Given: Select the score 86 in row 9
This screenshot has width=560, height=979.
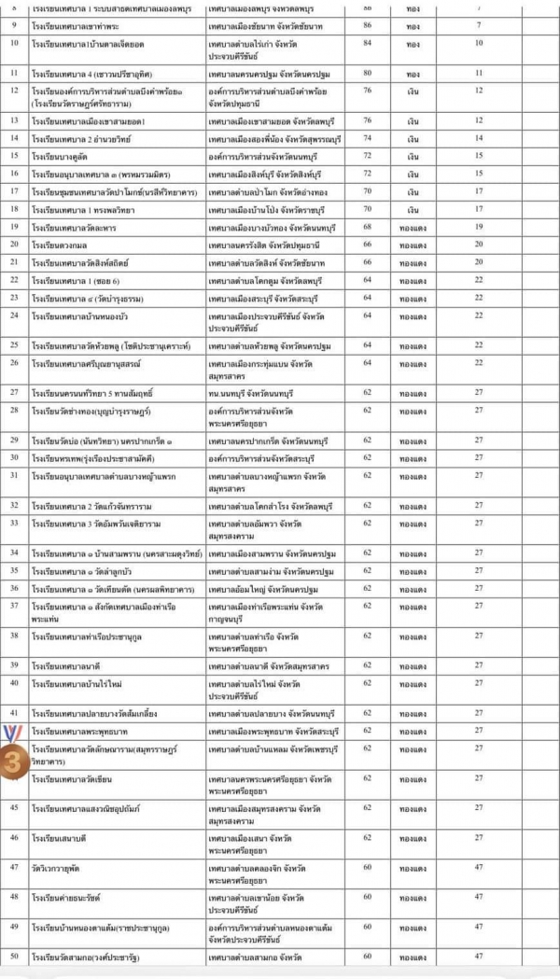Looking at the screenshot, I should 367,26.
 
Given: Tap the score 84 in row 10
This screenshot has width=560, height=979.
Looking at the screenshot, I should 367,43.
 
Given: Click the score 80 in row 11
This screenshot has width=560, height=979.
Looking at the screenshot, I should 367,72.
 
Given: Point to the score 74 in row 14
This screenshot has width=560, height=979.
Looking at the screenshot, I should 367,137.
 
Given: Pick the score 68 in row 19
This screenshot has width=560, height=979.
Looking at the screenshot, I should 367,226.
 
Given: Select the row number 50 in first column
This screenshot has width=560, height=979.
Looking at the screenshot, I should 15,957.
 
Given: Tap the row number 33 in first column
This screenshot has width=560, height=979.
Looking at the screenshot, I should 15,522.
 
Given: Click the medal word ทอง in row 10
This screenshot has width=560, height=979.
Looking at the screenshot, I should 413,43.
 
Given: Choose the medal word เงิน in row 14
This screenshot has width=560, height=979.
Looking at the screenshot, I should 413,137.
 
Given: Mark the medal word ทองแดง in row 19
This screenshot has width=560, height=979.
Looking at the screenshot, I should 413,226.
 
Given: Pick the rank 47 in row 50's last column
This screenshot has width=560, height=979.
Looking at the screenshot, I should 479,957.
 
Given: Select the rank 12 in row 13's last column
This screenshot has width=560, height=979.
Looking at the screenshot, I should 479,120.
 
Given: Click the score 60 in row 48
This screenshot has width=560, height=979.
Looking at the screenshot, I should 367,897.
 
